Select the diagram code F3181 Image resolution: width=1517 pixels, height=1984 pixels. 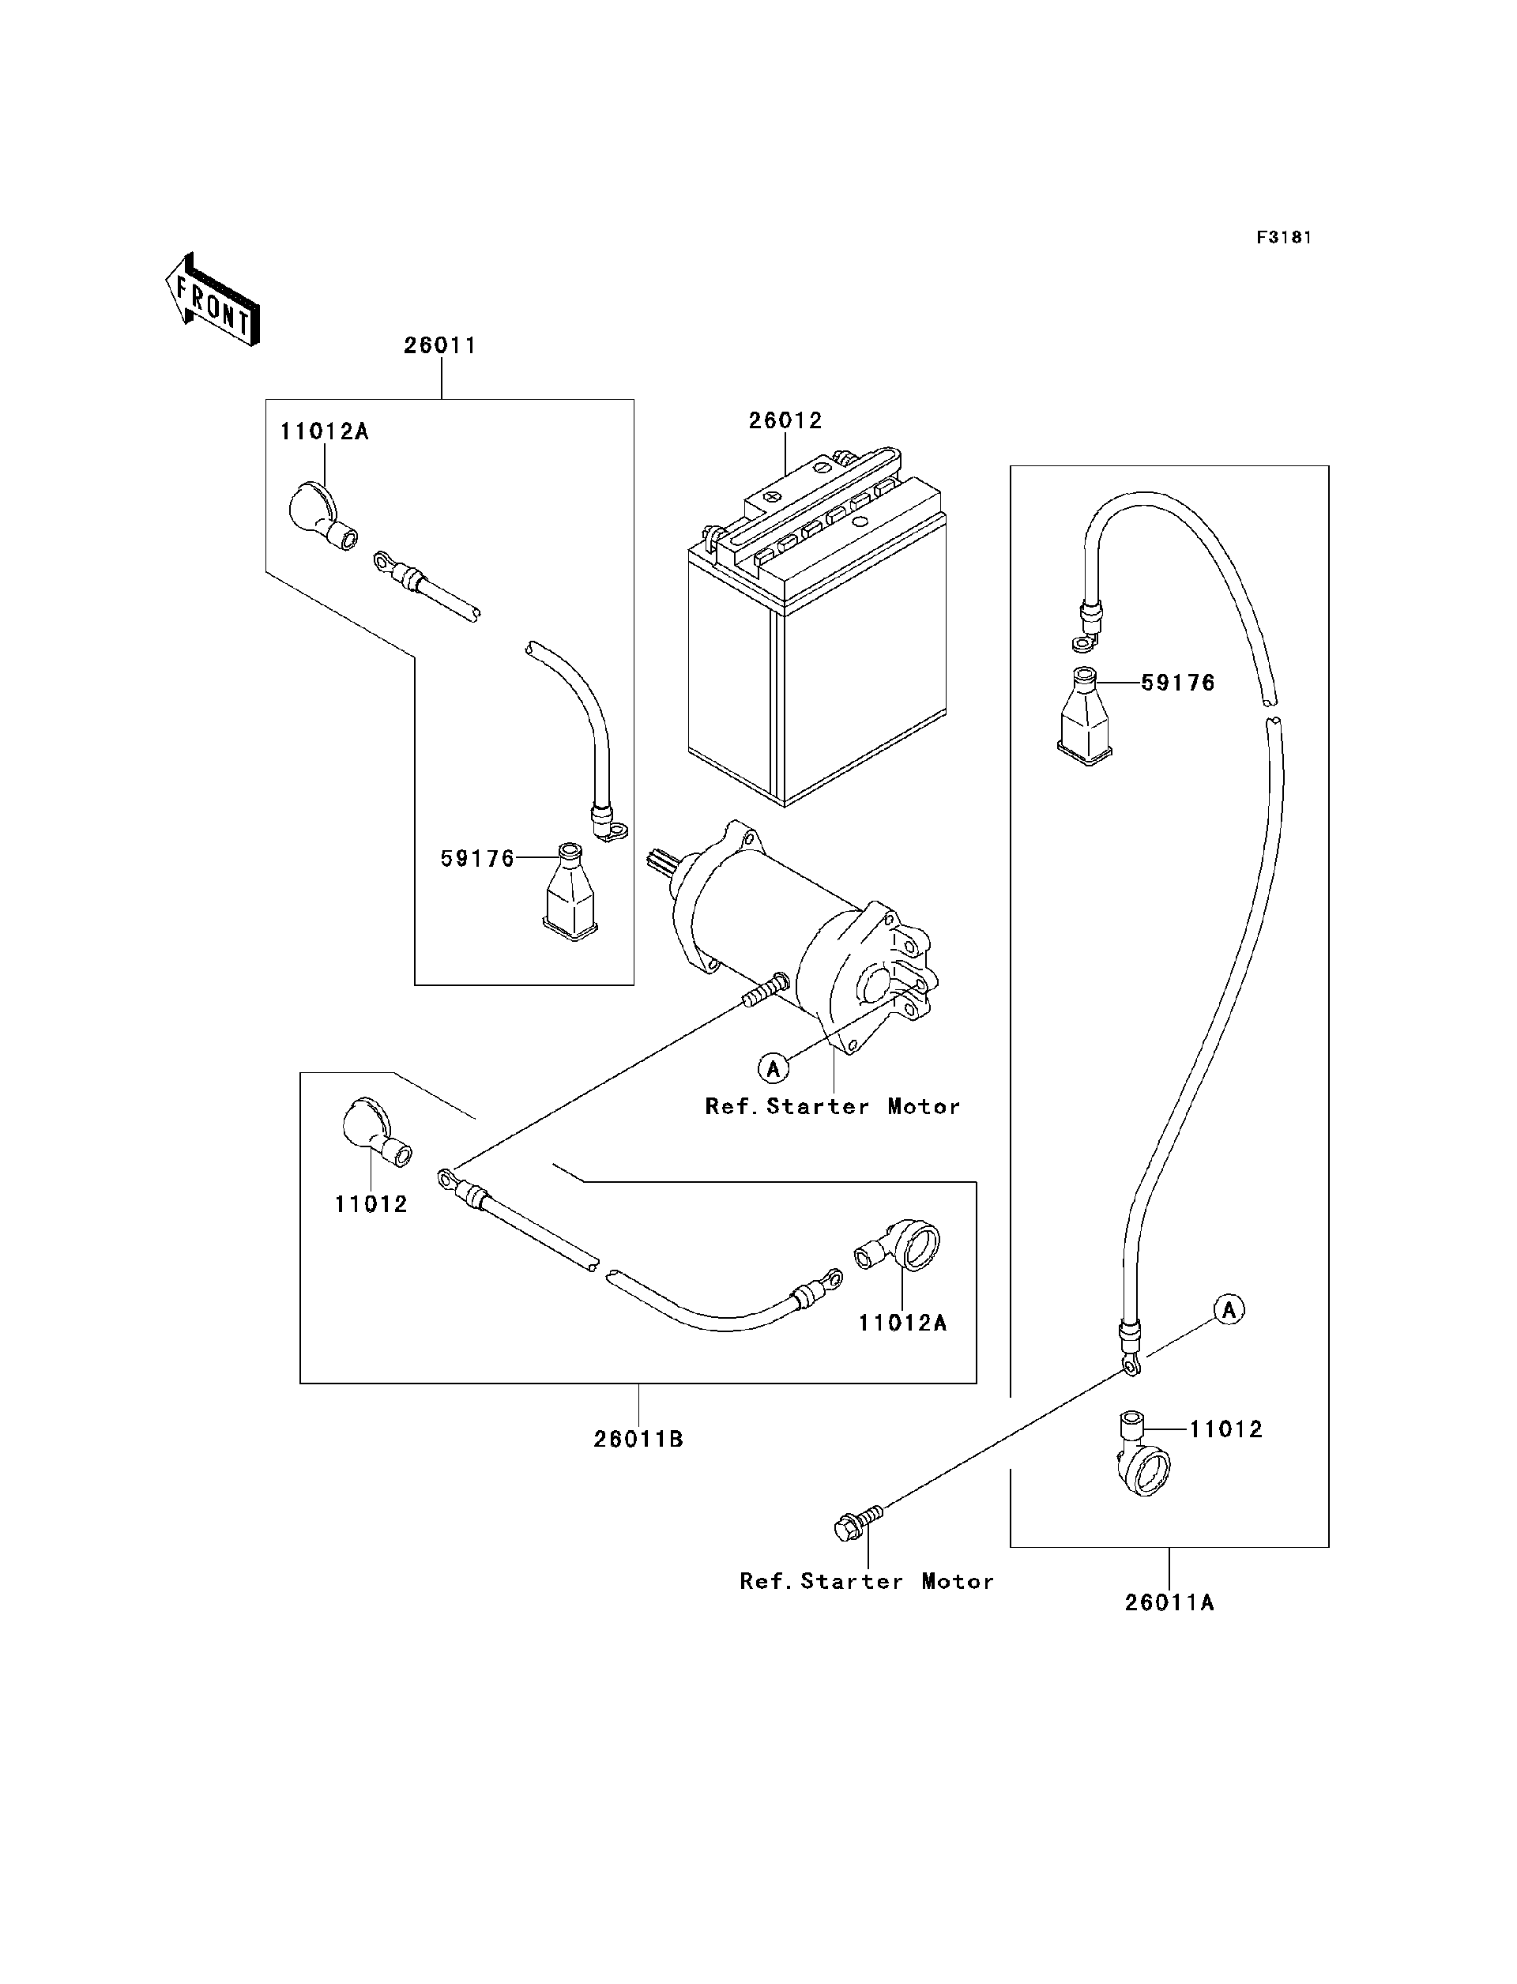click(1283, 238)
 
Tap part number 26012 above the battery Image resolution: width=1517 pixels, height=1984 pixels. click(785, 421)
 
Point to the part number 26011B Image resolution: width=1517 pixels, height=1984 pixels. click(638, 1440)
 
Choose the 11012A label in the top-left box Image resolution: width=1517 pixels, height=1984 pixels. click(324, 431)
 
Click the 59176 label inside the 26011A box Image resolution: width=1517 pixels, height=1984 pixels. click(1177, 683)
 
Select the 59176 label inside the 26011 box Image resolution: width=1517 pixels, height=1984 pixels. click(476, 859)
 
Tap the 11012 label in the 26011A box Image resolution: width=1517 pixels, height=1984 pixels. click(1225, 1429)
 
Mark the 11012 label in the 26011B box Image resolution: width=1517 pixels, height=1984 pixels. click(371, 1204)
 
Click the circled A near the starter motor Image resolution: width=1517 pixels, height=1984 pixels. click(773, 1069)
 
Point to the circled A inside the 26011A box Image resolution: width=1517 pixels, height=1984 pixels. click(1229, 1309)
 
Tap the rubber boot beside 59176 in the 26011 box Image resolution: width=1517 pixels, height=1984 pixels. click(570, 893)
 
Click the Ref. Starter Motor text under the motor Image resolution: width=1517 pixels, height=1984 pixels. click(833, 1107)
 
